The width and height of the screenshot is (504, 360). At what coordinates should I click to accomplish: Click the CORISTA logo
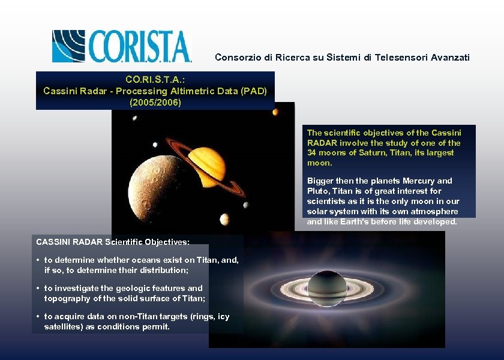click(122, 46)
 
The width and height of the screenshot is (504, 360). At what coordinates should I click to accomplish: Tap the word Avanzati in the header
click(449, 58)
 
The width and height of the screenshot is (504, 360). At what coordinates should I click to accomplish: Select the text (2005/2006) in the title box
click(155, 103)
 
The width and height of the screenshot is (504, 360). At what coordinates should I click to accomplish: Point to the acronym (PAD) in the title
click(255, 91)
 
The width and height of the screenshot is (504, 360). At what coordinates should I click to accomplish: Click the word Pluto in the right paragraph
click(317, 191)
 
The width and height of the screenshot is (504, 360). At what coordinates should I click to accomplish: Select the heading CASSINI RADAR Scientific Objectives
click(113, 242)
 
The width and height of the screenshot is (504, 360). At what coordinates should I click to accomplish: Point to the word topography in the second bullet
click(66, 298)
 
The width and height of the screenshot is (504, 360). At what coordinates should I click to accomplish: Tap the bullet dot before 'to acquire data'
click(38, 317)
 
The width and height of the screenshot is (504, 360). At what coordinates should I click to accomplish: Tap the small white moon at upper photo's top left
click(134, 118)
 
